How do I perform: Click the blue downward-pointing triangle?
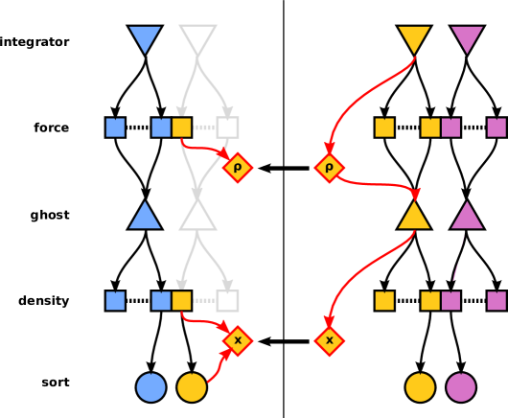(145, 37)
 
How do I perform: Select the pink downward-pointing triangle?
(467, 37)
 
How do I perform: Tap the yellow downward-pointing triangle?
(414, 37)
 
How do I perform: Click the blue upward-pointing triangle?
(145, 217)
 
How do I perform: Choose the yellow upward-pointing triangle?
(414, 217)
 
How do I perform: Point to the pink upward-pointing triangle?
(467, 217)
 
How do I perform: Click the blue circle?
(150, 387)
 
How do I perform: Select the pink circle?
(461, 387)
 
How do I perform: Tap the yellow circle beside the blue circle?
(192, 387)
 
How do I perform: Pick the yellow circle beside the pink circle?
(420, 387)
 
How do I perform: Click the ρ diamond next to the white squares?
(238, 168)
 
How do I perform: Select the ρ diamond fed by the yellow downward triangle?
(329, 168)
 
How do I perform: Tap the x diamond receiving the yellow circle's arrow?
(238, 340)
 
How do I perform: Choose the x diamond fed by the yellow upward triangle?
(329, 340)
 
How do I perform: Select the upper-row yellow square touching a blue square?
(181, 128)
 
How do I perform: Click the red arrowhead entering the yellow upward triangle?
(415, 195)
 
